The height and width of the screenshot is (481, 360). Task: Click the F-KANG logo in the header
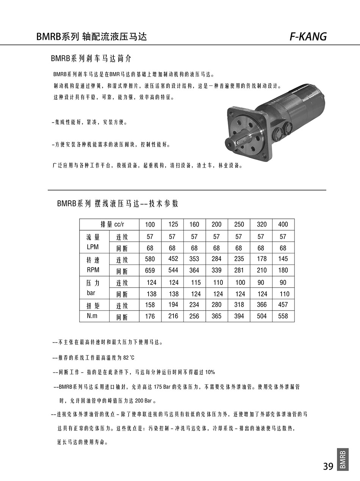click(x=308, y=36)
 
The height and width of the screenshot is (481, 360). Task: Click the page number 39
click(x=328, y=466)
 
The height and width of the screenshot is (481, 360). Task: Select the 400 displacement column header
click(x=283, y=224)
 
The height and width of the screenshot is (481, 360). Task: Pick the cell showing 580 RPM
click(x=150, y=259)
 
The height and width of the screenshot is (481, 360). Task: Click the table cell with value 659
click(x=150, y=270)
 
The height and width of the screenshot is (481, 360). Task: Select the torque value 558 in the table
click(x=283, y=316)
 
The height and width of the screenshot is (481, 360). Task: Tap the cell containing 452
click(x=173, y=259)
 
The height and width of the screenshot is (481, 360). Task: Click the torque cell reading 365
click(x=216, y=316)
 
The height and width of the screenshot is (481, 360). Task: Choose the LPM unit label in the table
click(x=92, y=247)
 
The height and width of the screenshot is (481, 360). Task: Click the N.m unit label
click(x=92, y=316)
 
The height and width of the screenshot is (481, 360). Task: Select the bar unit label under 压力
click(x=91, y=293)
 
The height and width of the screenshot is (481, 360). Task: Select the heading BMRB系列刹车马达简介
click(x=91, y=59)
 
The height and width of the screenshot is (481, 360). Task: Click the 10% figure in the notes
click(x=210, y=372)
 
